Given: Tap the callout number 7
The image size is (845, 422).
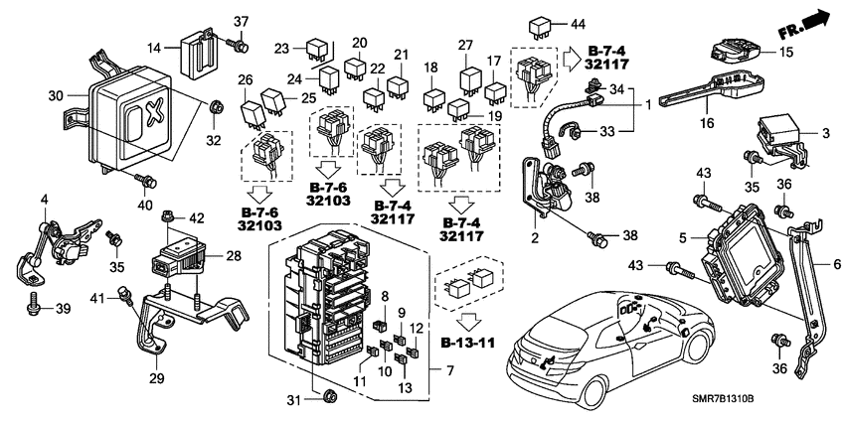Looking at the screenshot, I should (448, 371).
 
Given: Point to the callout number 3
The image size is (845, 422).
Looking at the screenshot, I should (825, 131).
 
